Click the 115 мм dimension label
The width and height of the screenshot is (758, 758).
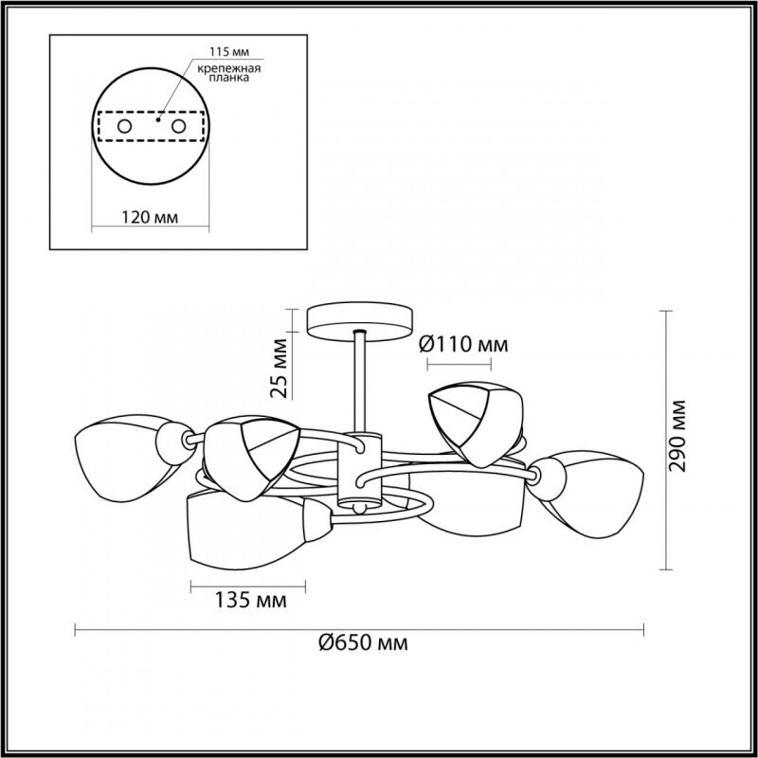click(x=229, y=51)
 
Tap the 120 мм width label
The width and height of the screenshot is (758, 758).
click(x=150, y=218)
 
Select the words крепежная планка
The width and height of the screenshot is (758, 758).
click(x=229, y=73)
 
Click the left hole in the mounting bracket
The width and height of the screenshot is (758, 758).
click(x=124, y=127)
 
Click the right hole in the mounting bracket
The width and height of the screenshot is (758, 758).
click(x=178, y=127)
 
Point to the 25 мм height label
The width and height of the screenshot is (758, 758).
click(x=280, y=369)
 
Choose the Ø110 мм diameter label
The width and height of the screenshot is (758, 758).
click(x=463, y=345)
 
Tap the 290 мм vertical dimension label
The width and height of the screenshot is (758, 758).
click(x=677, y=436)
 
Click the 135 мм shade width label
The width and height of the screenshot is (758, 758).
click(x=250, y=601)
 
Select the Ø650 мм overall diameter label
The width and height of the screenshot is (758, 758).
click(x=363, y=643)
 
